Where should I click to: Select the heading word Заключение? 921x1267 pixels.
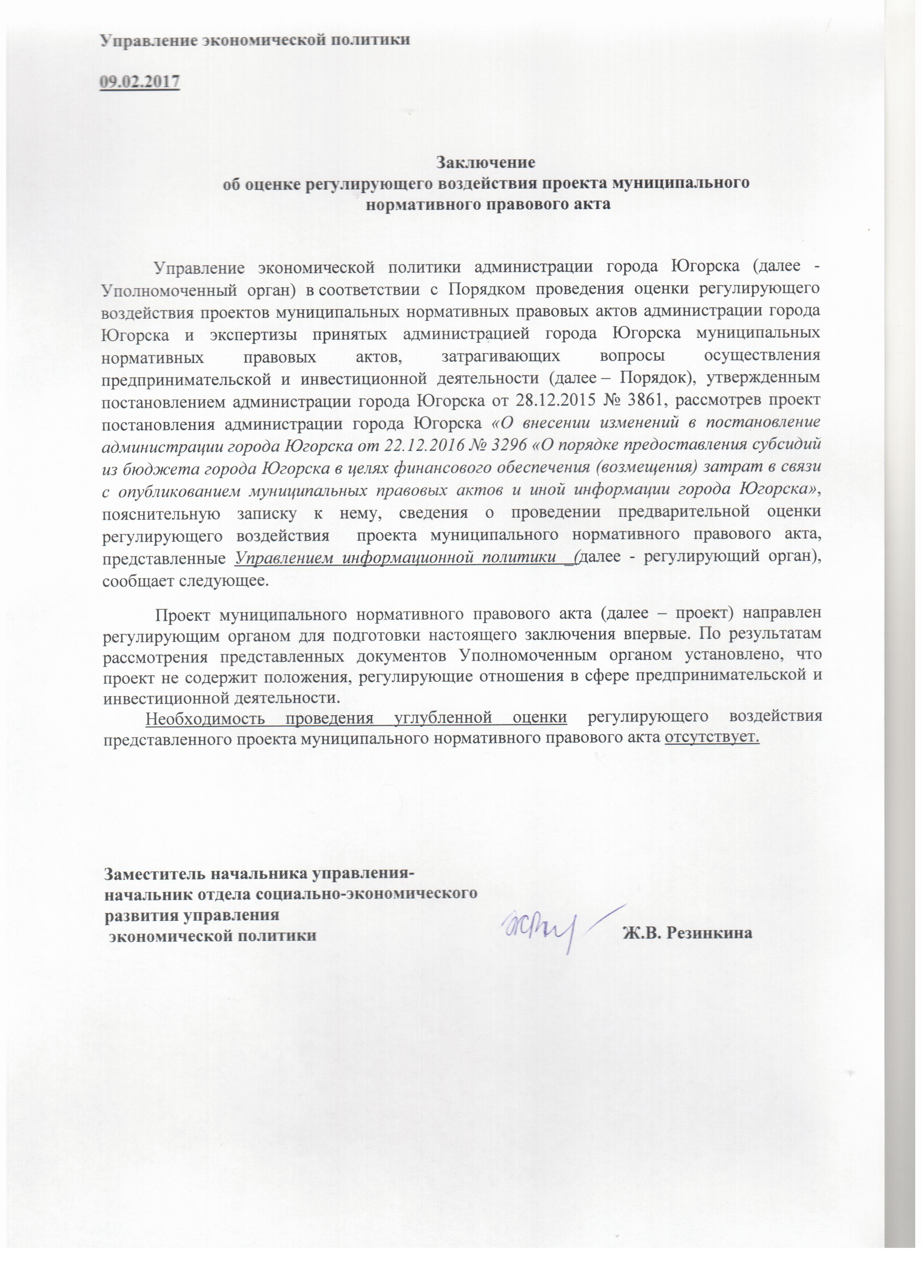pos(485,162)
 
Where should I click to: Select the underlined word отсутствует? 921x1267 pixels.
pos(712,737)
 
